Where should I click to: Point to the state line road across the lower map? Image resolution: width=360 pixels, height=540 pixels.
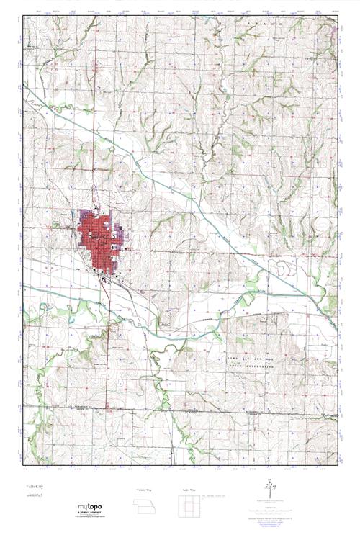(180, 411)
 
